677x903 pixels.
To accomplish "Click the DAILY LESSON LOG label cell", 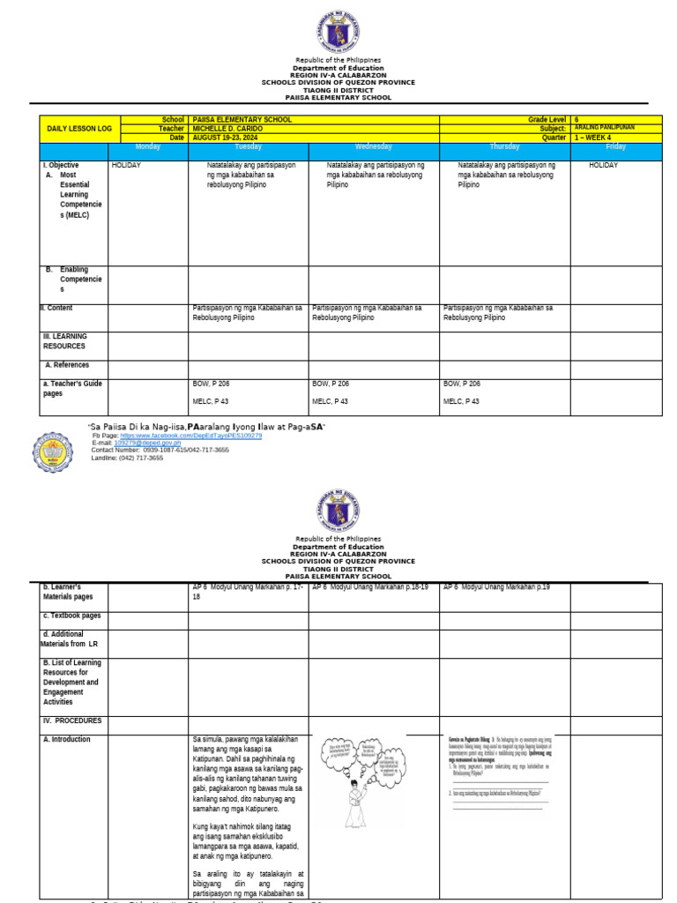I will pyautogui.click(x=78, y=129).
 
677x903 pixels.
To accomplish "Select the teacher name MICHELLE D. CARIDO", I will pyautogui.click(x=227, y=129).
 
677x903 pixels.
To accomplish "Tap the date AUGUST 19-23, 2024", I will pyautogui.click(x=224, y=138).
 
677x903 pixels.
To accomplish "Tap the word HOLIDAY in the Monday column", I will pyautogui.click(x=126, y=165).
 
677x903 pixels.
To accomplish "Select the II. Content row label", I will pyautogui.click(x=56, y=308).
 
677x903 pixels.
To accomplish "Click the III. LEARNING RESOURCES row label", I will pyautogui.click(x=65, y=341).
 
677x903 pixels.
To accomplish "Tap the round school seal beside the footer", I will pyautogui.click(x=54, y=451).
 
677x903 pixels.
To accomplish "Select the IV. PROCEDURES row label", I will pyautogui.click(x=72, y=720).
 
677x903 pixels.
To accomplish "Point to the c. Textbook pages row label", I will pyautogui.click(x=71, y=616).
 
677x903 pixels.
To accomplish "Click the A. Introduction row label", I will pyautogui.click(x=66, y=739).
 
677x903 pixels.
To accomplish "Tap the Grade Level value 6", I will pyautogui.click(x=577, y=119).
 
